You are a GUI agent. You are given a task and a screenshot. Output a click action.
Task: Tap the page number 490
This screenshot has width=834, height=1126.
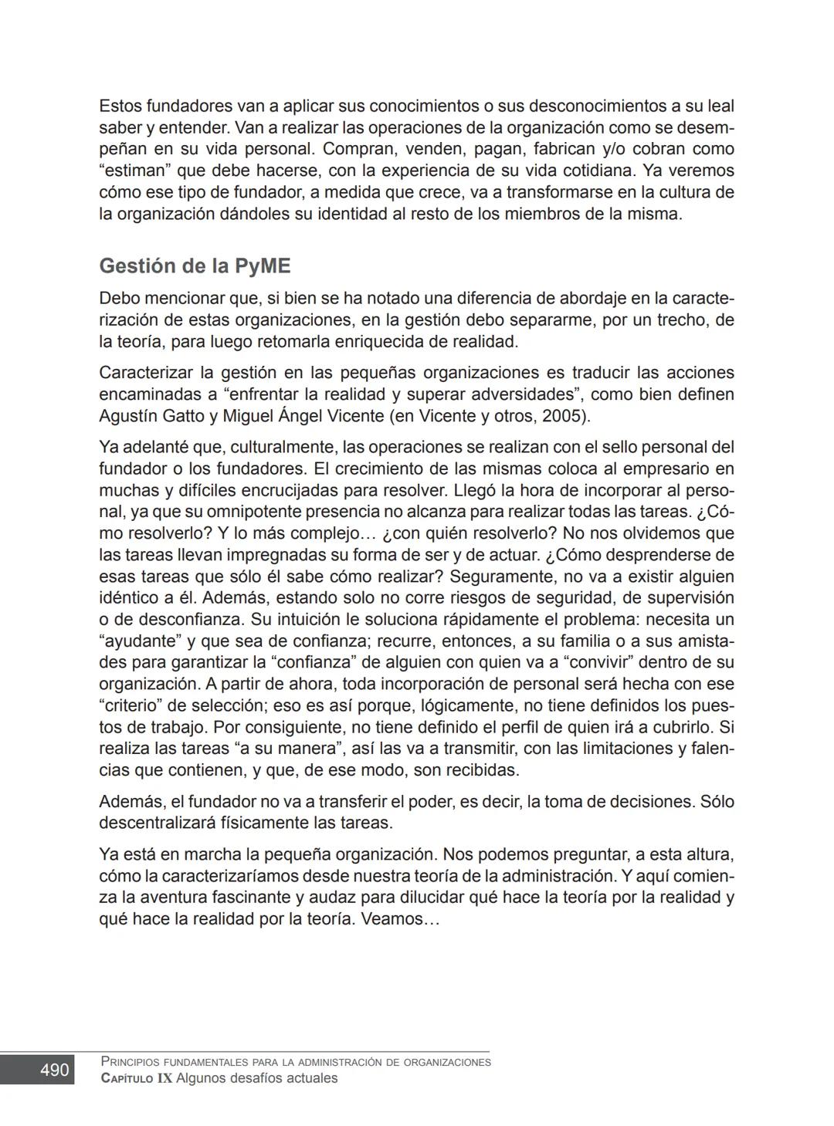(54, 1070)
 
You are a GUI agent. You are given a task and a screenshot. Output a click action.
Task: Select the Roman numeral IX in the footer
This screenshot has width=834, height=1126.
(164, 1078)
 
